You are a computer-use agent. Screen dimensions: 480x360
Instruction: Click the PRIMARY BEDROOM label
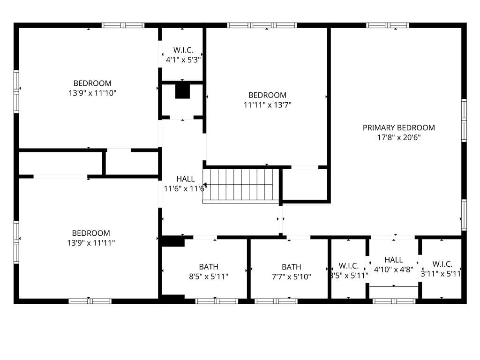tap(398, 127)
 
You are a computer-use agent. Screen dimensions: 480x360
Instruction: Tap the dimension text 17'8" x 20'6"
tap(398, 137)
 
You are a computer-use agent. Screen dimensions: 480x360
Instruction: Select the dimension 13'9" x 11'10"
tap(92, 93)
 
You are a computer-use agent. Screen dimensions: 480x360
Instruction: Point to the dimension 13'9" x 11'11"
tap(91, 243)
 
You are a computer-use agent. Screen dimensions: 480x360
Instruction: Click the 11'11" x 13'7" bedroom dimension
tap(267, 105)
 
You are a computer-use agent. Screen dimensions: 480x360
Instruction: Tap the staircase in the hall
tap(241, 186)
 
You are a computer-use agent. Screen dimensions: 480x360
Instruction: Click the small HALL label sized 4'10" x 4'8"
tap(393, 260)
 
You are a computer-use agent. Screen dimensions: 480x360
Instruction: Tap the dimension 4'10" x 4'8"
tap(393, 270)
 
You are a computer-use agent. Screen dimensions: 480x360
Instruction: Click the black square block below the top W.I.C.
tap(182, 91)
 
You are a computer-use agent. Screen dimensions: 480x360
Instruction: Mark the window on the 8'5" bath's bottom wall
tap(217, 301)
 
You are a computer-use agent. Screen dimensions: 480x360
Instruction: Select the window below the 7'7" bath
tap(276, 301)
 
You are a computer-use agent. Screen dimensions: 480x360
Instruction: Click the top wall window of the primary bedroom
tap(387, 25)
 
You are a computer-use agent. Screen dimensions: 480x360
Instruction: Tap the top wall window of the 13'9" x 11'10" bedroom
tap(123, 25)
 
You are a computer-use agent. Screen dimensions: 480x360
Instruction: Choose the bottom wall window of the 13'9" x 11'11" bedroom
tap(90, 301)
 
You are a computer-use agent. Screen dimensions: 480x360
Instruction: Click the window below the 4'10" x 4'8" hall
tap(394, 301)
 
